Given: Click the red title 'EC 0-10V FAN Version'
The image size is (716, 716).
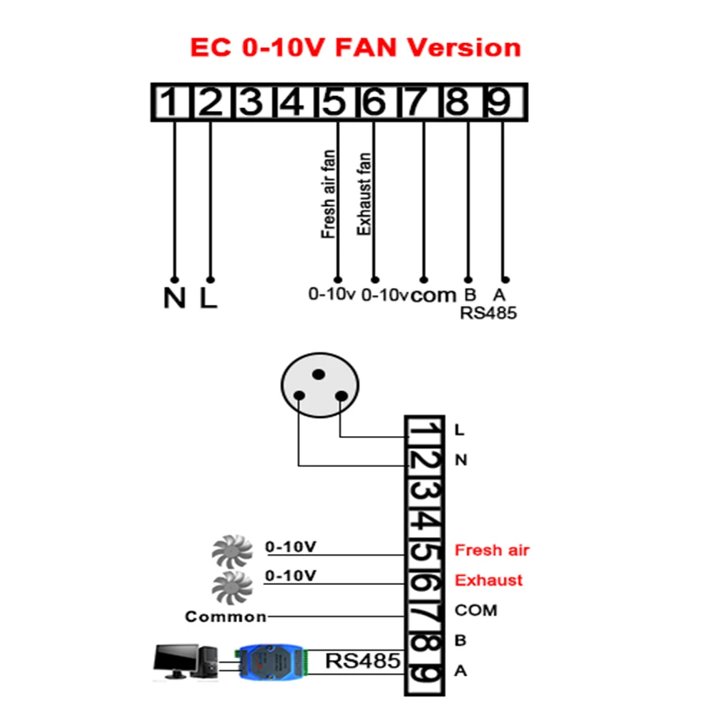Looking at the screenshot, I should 355,48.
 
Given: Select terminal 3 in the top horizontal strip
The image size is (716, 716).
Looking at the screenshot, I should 251,103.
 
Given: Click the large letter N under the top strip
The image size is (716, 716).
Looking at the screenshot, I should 174,298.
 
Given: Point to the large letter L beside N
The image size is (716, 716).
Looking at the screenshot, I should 208,298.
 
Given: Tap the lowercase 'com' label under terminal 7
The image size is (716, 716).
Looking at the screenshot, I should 433,294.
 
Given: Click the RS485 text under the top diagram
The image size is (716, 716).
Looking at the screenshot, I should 488,313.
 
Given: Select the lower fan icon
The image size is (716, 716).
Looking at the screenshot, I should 233,586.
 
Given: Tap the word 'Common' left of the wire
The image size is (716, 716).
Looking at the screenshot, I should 226,616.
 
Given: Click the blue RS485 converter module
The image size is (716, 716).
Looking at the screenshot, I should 273,661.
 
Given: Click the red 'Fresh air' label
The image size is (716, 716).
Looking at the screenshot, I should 492,551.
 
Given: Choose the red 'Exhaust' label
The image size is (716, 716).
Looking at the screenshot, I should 489,580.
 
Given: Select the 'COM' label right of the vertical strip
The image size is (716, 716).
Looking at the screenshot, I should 475,611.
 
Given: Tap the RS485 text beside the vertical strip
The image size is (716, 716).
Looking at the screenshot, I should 362,660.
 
